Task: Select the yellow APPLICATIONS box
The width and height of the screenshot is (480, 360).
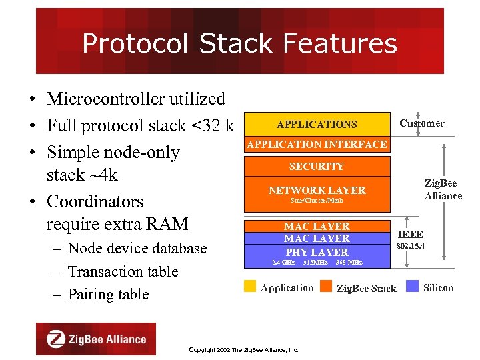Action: coord(317,124)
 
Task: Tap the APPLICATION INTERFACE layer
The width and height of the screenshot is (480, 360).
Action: coord(317,145)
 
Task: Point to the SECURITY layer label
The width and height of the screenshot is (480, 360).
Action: coord(317,167)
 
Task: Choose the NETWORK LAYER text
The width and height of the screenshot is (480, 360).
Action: coord(317,190)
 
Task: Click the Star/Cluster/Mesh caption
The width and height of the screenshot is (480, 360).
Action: coord(317,201)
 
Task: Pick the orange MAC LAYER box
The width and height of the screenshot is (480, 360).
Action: coord(317,227)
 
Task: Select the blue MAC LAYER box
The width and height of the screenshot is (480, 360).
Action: coord(317,238)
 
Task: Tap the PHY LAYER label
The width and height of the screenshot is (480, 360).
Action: coord(317,252)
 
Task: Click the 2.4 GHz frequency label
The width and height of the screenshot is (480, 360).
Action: coord(283,263)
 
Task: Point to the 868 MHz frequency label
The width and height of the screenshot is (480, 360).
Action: coord(349,263)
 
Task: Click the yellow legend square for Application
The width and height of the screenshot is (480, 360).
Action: coord(250,287)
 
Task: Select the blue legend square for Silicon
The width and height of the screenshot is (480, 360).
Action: coord(412,287)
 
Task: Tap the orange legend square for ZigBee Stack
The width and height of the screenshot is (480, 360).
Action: coord(326,287)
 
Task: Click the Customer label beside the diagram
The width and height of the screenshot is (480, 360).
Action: coord(421,123)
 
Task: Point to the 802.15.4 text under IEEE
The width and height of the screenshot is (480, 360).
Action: coord(411,247)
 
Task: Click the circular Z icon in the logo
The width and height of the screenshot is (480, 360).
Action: coord(56,339)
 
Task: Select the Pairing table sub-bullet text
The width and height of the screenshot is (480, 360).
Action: coord(108,295)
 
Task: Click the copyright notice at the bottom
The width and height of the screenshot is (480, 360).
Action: coord(243,350)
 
